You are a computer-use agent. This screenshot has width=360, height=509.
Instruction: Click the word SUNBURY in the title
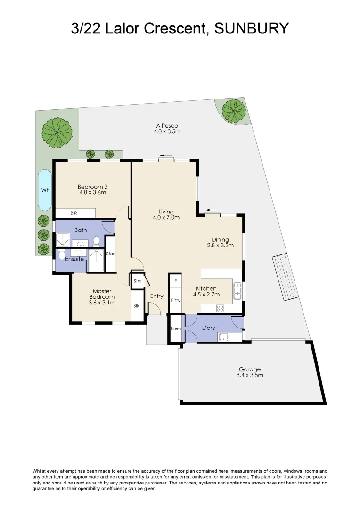point(252,28)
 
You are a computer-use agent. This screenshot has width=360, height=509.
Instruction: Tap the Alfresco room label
point(167,126)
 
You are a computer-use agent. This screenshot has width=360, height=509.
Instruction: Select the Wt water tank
point(45,190)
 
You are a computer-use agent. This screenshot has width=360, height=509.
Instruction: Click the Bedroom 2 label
point(92,187)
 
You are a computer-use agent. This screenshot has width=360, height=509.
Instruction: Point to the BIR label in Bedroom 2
point(74,213)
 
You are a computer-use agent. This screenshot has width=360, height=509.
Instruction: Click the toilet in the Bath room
point(96,241)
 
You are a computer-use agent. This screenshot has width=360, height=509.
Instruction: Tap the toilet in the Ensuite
point(62,254)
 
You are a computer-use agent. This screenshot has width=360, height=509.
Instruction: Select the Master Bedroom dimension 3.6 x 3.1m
point(102,303)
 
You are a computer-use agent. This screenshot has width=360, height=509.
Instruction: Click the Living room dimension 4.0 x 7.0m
point(166,217)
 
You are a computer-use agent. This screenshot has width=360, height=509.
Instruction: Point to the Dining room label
point(221,239)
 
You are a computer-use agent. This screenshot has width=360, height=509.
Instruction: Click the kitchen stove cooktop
point(220,308)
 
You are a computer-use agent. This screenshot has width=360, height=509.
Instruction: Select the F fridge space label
point(176,281)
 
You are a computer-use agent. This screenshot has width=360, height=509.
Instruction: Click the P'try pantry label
point(176,300)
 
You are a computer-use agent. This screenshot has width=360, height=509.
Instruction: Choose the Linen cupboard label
point(176,328)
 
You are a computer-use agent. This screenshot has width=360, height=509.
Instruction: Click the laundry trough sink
point(224,337)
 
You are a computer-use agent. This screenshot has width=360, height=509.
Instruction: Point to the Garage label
point(250,369)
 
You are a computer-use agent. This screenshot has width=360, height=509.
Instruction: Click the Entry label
point(156,296)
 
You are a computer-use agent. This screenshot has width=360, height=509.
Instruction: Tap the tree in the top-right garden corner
point(233,111)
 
